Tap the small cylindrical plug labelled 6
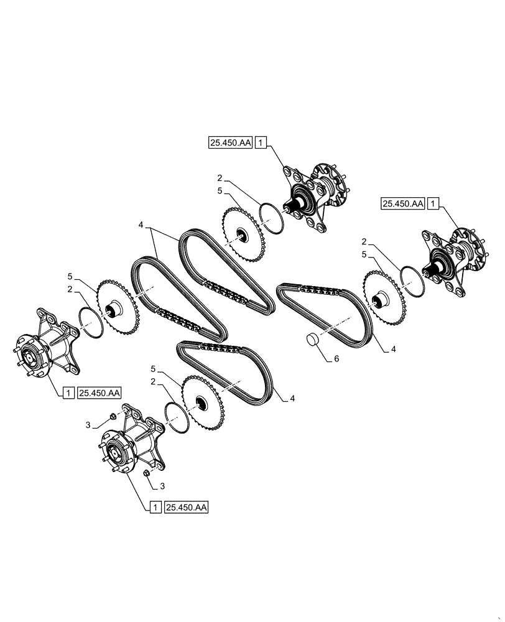[x=313, y=340]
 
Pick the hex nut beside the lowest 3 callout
[x=147, y=474]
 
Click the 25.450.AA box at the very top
[x=230, y=143]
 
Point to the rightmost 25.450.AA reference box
[x=404, y=203]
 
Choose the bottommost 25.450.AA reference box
[x=187, y=508]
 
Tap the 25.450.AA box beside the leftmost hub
[x=100, y=392]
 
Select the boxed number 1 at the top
[x=261, y=143]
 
